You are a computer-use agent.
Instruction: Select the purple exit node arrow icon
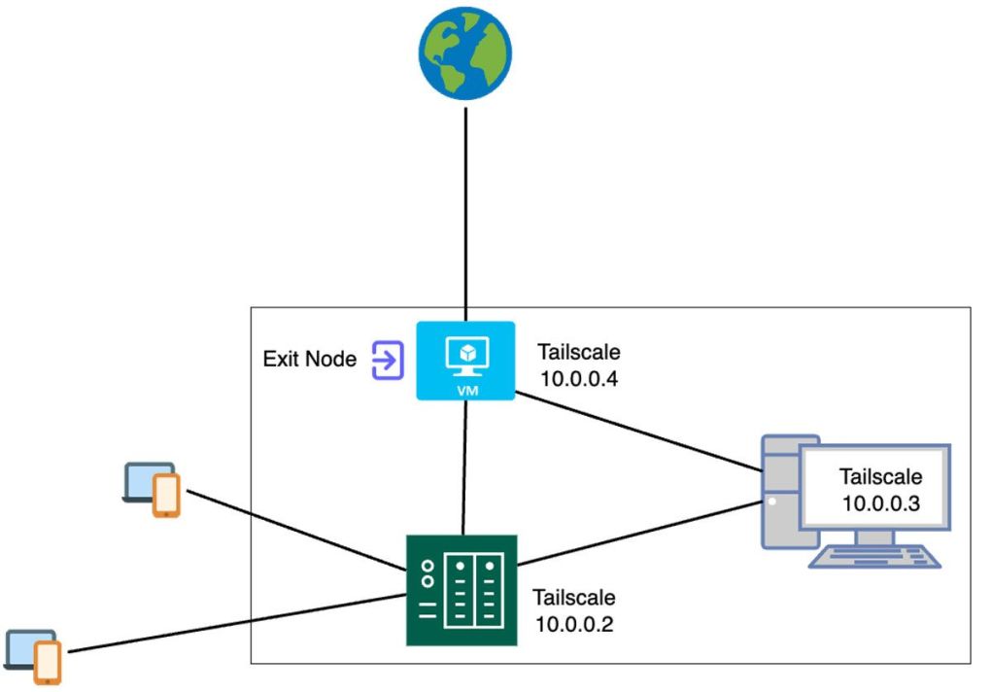coord(387,360)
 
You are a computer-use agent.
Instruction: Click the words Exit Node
coord(310,360)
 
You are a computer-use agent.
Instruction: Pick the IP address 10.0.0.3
coord(880,503)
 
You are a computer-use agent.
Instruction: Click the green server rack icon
coord(462,590)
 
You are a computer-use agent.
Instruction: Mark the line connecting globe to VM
coord(466,214)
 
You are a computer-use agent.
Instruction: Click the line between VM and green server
coord(465,467)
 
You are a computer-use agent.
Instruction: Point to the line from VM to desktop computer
coord(636,432)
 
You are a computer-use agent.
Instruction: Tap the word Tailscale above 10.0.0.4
coord(578,352)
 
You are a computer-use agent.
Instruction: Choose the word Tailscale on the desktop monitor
coord(880,477)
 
